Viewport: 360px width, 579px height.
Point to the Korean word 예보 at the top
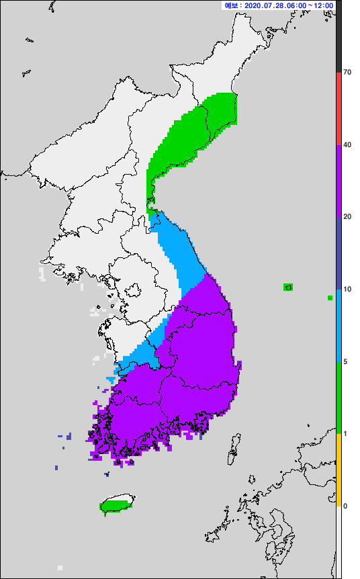pos(232,5)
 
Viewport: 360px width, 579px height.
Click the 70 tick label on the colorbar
pos(347,72)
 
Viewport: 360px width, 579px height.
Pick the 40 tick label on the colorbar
pos(347,144)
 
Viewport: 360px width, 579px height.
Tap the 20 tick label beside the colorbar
pos(347,216)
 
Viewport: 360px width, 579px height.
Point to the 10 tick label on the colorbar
pos(347,289)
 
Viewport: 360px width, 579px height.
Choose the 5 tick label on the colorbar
pos(345,361)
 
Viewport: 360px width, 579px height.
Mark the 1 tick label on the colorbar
pos(345,433)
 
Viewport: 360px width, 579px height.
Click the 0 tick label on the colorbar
pos(345,506)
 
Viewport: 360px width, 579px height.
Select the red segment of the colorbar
pos(339,107)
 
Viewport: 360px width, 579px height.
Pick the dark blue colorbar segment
pos(339,253)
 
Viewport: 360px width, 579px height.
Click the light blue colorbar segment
pos(339,325)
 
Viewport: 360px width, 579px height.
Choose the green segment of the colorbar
pos(339,397)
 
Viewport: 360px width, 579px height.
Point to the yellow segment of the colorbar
pos(339,470)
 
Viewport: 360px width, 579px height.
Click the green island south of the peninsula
pos(115,504)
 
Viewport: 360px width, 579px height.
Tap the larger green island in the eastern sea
pos(288,287)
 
